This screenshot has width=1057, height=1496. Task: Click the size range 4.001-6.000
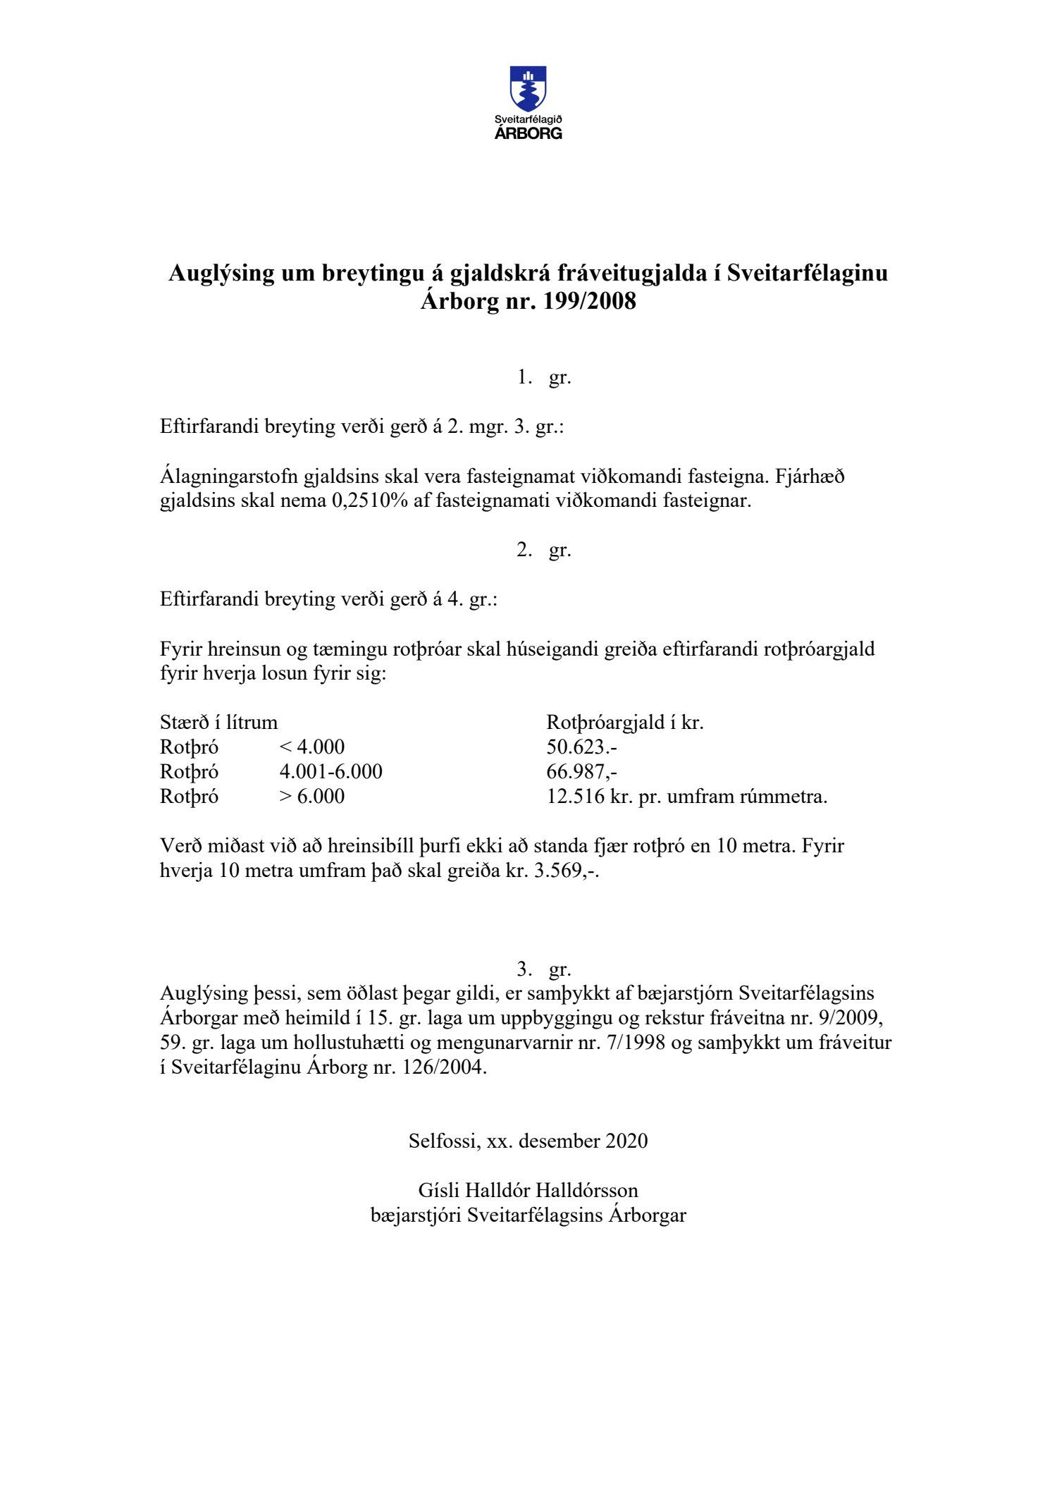tap(330, 772)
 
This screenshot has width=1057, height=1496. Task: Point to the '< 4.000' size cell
tap(312, 747)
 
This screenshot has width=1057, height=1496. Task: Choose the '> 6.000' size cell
tap(312, 797)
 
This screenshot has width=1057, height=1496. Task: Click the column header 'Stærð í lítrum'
tap(218, 723)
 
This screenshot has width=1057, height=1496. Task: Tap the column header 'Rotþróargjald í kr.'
tap(625, 723)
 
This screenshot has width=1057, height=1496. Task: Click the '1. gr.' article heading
tap(543, 378)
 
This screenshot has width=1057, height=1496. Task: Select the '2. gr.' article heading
tap(543, 550)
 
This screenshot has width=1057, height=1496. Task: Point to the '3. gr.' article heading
tap(543, 969)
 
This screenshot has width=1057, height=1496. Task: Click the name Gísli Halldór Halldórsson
tap(528, 1191)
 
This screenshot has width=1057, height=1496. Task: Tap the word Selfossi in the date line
tap(444, 1141)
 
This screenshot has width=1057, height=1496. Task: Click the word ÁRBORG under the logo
tap(528, 134)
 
